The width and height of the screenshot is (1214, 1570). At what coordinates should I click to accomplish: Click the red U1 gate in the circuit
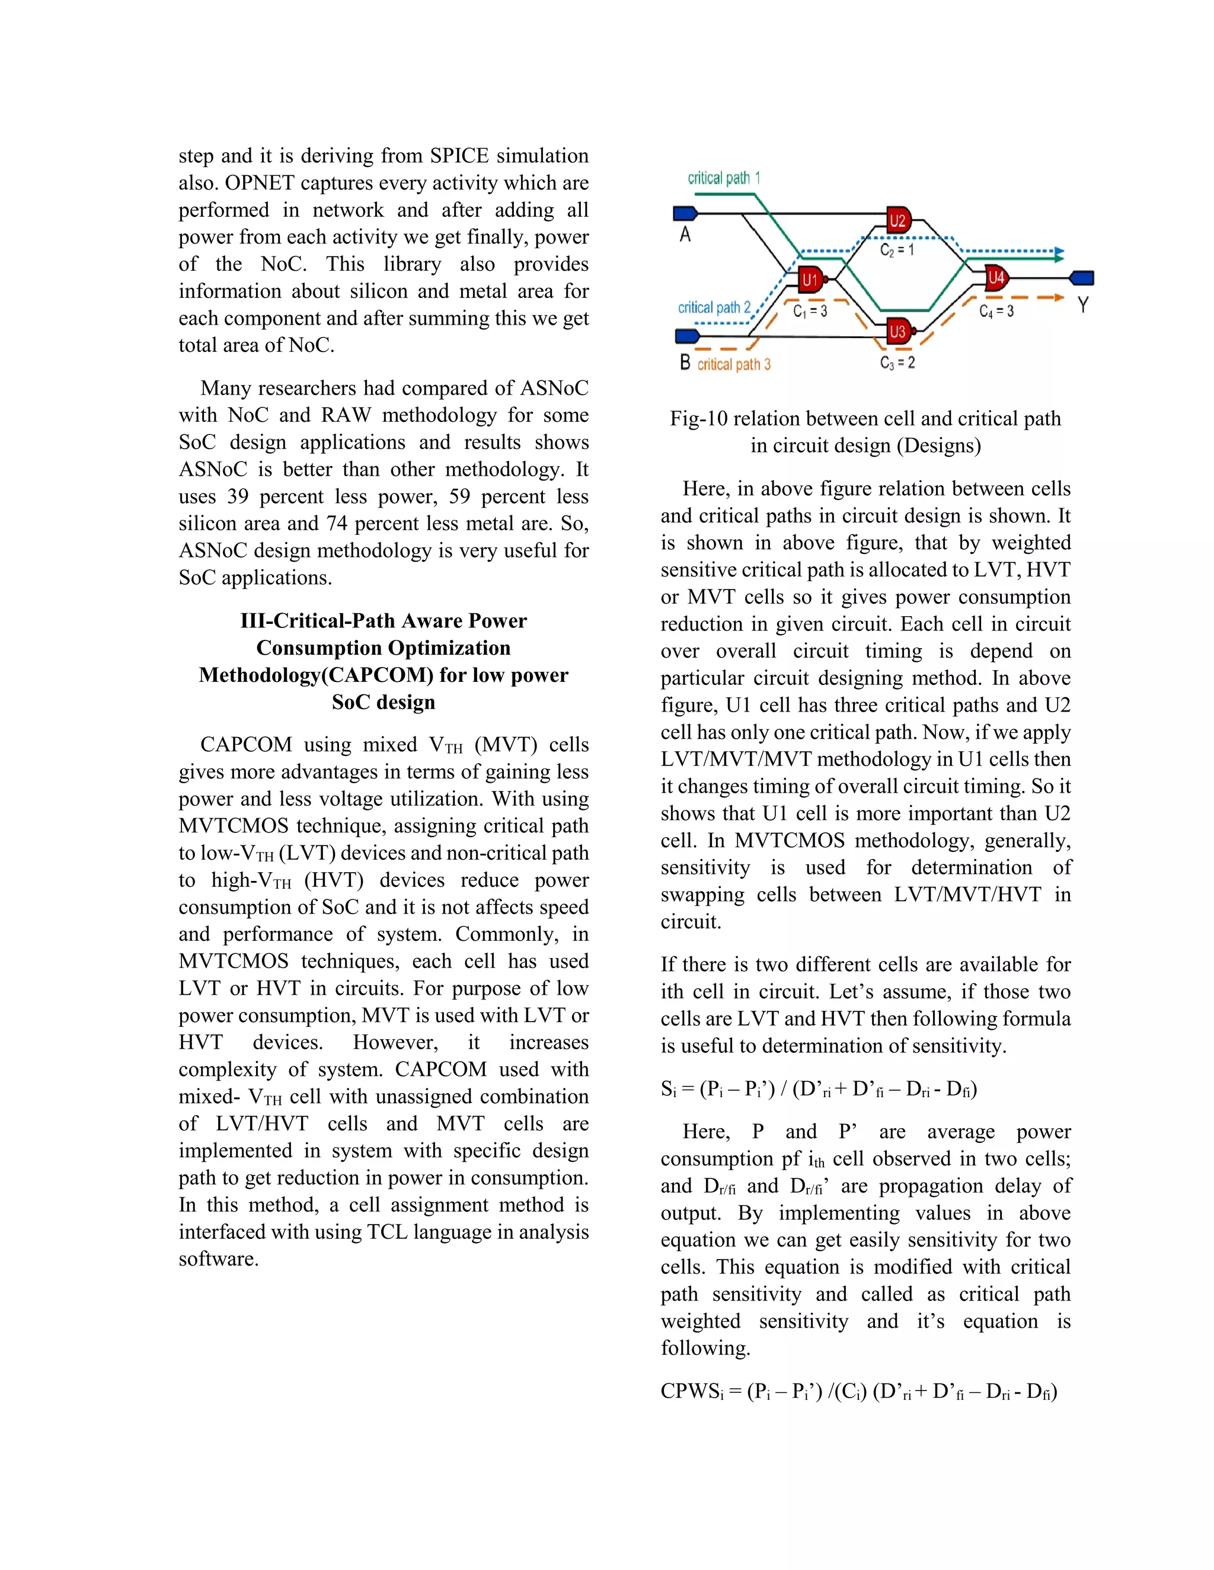pyautogui.click(x=812, y=279)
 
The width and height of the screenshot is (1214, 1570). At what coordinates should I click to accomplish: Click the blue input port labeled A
pyautogui.click(x=685, y=213)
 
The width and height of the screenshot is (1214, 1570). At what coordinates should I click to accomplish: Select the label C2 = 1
pyautogui.click(x=897, y=250)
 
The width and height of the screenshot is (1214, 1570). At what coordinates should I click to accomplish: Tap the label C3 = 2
pyautogui.click(x=897, y=363)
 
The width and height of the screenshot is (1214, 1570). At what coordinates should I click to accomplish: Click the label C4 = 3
pyautogui.click(x=996, y=311)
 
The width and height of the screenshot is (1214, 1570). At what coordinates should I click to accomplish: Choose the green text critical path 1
pyautogui.click(x=723, y=178)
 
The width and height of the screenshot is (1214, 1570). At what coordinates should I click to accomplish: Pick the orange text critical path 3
pyautogui.click(x=734, y=364)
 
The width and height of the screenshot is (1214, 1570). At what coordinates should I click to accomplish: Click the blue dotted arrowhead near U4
pyautogui.click(x=1058, y=253)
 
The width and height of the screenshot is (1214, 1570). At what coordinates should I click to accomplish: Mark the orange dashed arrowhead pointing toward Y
pyautogui.click(x=1058, y=297)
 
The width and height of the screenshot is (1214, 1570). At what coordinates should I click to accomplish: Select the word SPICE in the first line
pyautogui.click(x=459, y=156)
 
